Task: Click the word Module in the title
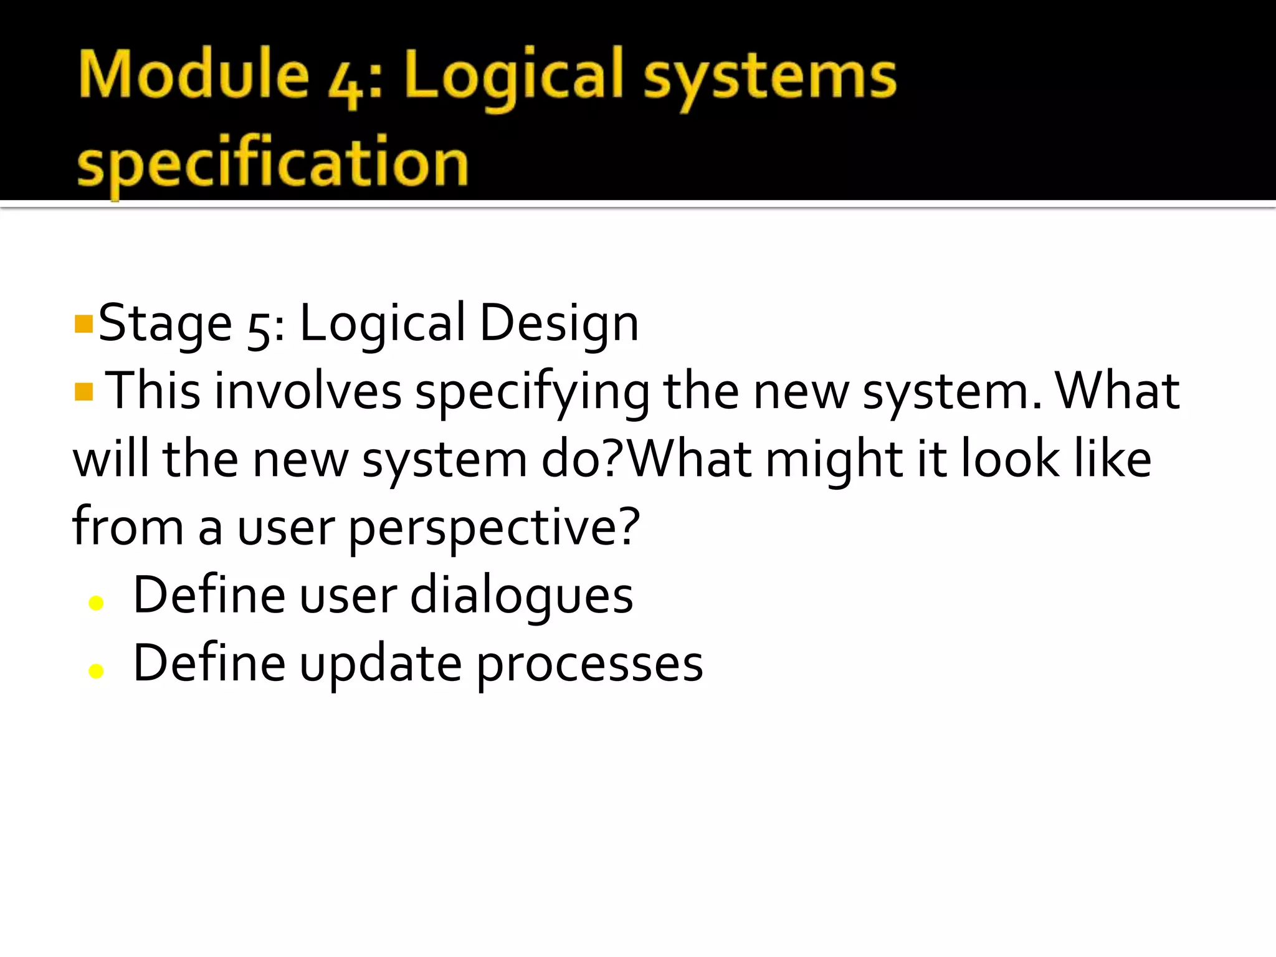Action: click(194, 75)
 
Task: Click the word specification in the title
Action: click(272, 163)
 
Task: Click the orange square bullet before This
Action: click(83, 393)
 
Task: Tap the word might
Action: click(834, 460)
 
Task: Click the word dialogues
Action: click(521, 596)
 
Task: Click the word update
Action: click(381, 664)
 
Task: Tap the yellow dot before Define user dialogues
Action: click(96, 602)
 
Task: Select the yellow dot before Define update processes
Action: click(96, 670)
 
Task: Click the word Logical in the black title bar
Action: click(515, 78)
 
